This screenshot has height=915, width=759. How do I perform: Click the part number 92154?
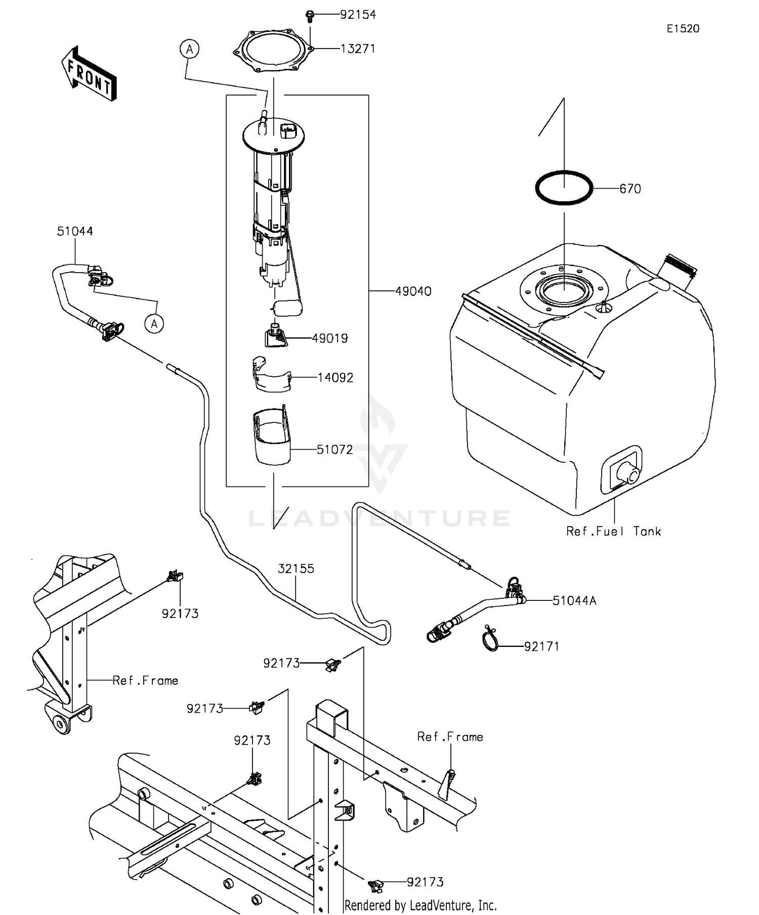tap(358, 15)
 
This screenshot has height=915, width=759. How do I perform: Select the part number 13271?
tap(358, 49)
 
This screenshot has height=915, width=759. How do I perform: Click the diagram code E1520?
tap(683, 29)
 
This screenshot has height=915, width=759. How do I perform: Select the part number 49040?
tap(413, 291)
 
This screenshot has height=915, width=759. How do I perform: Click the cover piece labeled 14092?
tap(272, 376)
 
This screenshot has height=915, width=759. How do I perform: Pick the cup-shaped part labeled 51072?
tap(272, 438)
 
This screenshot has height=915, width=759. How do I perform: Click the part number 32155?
tap(296, 569)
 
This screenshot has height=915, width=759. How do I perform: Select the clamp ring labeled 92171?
tap(490, 639)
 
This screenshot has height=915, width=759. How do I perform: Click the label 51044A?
tap(574, 601)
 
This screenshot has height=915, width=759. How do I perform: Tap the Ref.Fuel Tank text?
tap(613, 531)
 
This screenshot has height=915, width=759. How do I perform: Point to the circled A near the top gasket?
tap(190, 49)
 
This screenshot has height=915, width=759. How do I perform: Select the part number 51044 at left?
tap(75, 231)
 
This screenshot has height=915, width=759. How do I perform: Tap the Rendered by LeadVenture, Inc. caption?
tap(420, 905)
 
